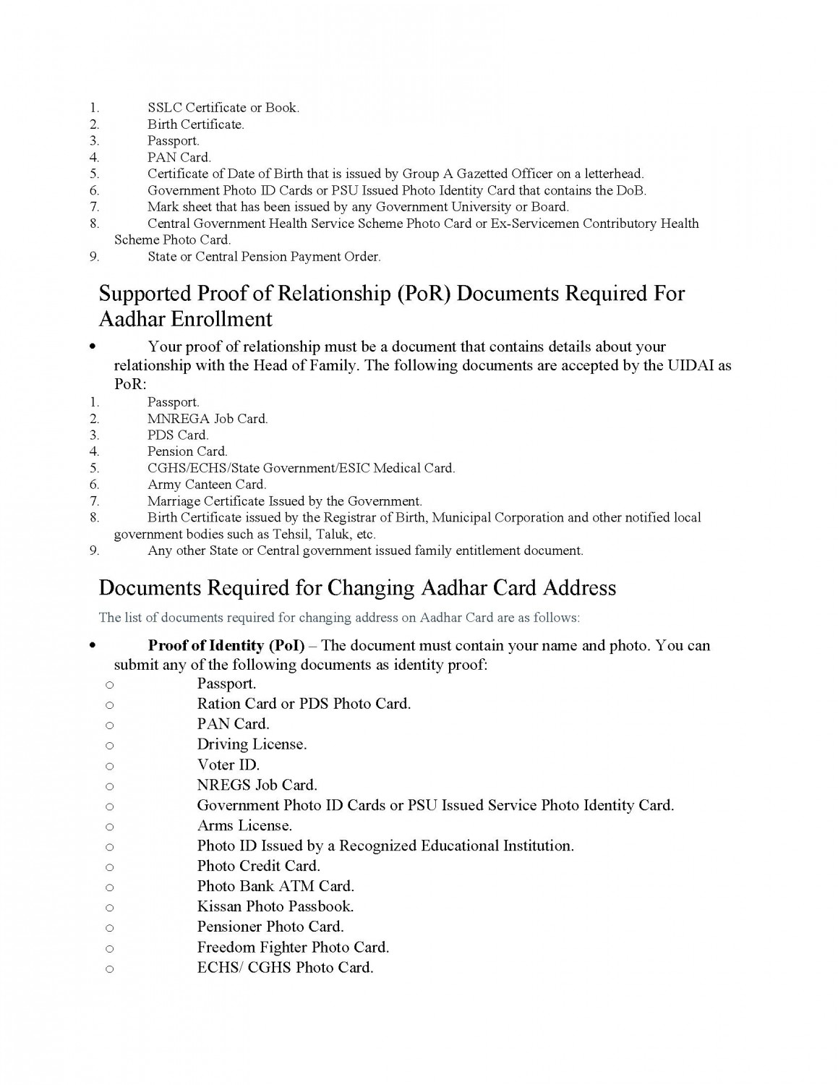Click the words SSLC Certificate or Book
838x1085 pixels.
click(223, 108)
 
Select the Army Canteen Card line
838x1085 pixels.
click(207, 485)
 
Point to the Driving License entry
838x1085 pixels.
click(252, 744)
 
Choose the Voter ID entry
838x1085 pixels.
click(228, 765)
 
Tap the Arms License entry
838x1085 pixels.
click(244, 825)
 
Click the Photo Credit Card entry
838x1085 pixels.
click(258, 866)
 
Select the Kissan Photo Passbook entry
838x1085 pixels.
click(275, 906)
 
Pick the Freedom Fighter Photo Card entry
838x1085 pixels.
click(293, 947)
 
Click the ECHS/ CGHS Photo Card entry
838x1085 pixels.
click(285, 967)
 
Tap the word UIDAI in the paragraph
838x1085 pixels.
click(687, 365)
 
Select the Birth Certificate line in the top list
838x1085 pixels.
click(196, 124)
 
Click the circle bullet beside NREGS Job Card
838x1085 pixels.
click(109, 786)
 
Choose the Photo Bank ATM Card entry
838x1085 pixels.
click(275, 886)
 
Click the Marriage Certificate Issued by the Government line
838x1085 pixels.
click(284, 501)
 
